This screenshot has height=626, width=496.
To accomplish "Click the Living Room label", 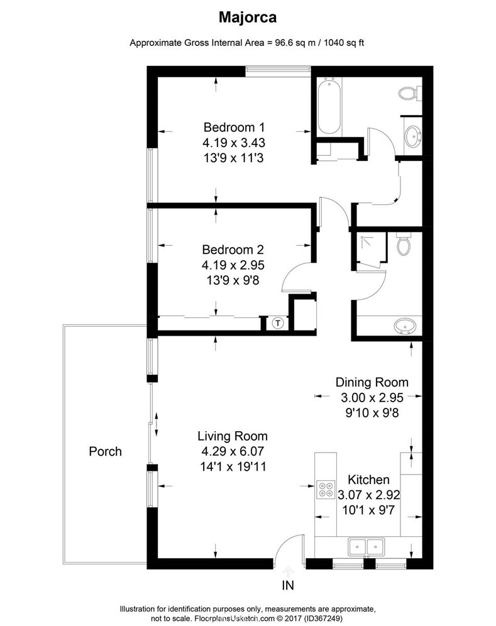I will (x=233, y=436).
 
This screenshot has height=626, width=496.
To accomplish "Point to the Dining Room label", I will (x=372, y=382).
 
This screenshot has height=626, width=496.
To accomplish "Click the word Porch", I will (x=105, y=451).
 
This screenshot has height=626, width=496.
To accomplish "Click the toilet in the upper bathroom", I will (x=407, y=94).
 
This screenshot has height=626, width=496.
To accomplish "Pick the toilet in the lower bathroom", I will (x=403, y=245).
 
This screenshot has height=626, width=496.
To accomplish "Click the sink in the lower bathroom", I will (x=404, y=326).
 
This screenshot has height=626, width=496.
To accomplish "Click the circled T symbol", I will (x=277, y=323).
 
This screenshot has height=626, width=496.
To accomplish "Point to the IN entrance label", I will (x=289, y=586).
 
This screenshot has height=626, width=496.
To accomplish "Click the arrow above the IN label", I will (x=289, y=571).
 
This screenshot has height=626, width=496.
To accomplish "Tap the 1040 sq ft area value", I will (x=344, y=43).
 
